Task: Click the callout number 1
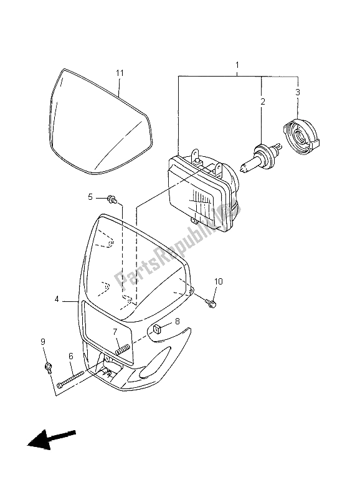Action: [237, 65]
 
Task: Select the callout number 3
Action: [297, 93]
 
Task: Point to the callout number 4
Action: [57, 299]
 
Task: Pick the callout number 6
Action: [70, 356]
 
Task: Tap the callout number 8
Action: [177, 321]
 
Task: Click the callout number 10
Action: [217, 281]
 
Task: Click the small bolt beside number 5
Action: [112, 199]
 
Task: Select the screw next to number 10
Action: [211, 304]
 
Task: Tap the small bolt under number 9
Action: [47, 367]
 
